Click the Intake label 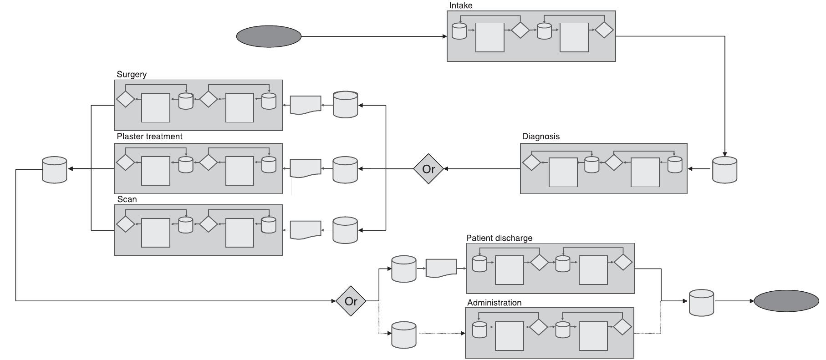point(460,5)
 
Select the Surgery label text point(131,74)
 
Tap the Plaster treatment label point(149,137)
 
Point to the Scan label point(127,199)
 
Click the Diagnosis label point(540,137)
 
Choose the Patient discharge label point(499,238)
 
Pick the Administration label point(494,303)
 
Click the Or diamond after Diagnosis point(428,169)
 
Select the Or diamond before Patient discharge point(351,301)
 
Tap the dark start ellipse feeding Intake point(269,36)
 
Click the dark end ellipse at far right point(786,301)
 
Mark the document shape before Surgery point(306,105)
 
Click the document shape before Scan point(306,230)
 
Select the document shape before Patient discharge point(441,268)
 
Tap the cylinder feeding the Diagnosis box point(724,170)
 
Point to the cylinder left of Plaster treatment point(54,170)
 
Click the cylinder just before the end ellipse point(701,303)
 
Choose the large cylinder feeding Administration point(403,335)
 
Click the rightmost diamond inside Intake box point(604,30)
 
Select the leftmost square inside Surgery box point(156,108)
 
